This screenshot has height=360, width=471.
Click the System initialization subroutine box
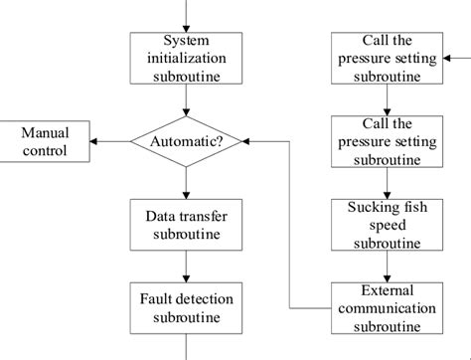[x=186, y=58]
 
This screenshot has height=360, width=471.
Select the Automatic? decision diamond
[x=186, y=142]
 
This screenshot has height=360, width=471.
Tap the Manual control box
[x=45, y=142]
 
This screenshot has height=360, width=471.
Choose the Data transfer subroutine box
[x=186, y=225]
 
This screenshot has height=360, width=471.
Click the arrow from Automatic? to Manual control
[x=111, y=142]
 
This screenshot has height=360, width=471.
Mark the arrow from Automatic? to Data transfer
[x=186, y=183]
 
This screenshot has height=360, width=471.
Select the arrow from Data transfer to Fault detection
[x=186, y=266]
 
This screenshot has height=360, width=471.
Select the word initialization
[x=186, y=58]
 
